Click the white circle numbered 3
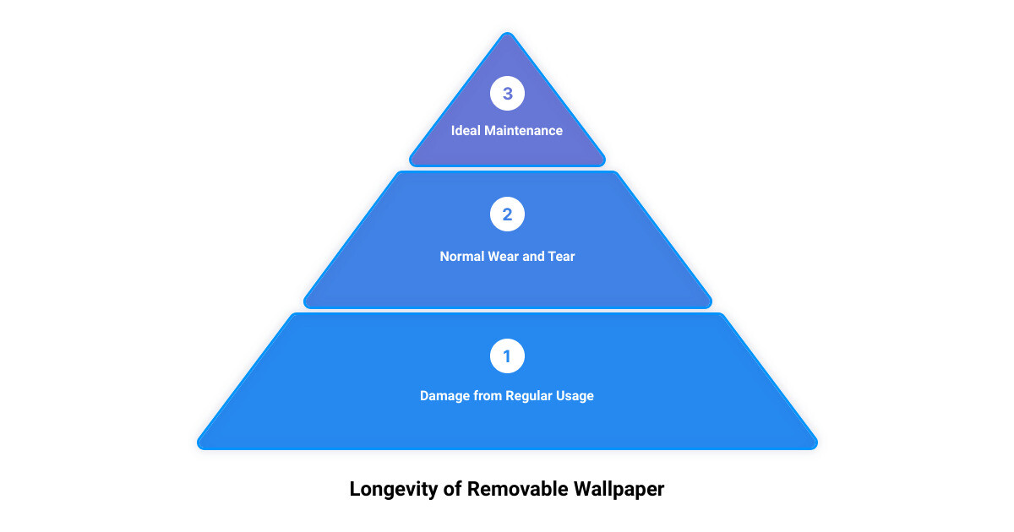(x=507, y=93)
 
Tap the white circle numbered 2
(x=507, y=214)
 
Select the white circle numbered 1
(x=507, y=356)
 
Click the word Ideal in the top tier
(x=466, y=131)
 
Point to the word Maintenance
(x=524, y=131)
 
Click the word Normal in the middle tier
(x=461, y=257)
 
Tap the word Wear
(x=503, y=257)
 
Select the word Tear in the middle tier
(x=561, y=257)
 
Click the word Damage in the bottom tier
(x=444, y=396)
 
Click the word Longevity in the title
(x=394, y=490)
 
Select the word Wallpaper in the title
(x=619, y=490)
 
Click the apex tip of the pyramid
(x=508, y=33)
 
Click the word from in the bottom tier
(x=488, y=396)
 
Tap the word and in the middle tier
(x=533, y=257)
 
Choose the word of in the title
(x=453, y=489)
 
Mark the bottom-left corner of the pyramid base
(x=199, y=447)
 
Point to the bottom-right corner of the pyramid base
(x=815, y=447)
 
